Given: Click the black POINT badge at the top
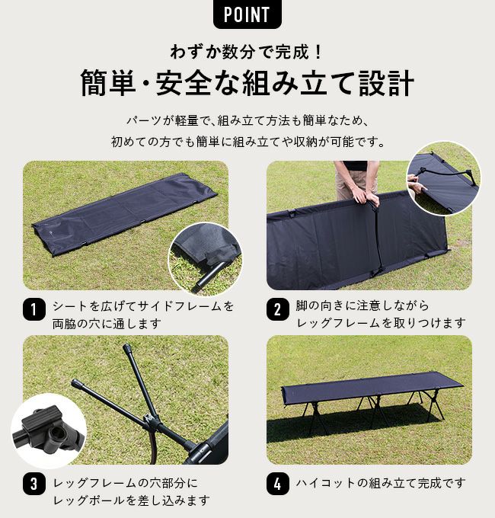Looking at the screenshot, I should pyautogui.click(x=247, y=14).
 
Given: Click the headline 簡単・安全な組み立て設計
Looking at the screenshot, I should pyautogui.click(x=247, y=83).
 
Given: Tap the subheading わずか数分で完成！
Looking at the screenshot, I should pyautogui.click(x=247, y=53).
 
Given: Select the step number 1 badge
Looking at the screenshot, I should pyautogui.click(x=34, y=310).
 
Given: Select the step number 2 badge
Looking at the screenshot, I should pyautogui.click(x=277, y=310).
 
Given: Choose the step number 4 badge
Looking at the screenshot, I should pyautogui.click(x=277, y=484).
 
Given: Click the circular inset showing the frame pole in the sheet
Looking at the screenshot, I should pyautogui.click(x=204, y=258).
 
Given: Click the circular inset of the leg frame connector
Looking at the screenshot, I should pyautogui.click(x=48, y=430).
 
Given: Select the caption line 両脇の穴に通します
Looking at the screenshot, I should pyautogui.click(x=107, y=323).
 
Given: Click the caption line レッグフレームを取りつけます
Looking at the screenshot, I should pyautogui.click(x=380, y=323).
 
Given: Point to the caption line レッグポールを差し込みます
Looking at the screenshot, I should pyautogui.click(x=131, y=500).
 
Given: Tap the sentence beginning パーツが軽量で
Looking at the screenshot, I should pyautogui.click(x=247, y=121).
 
